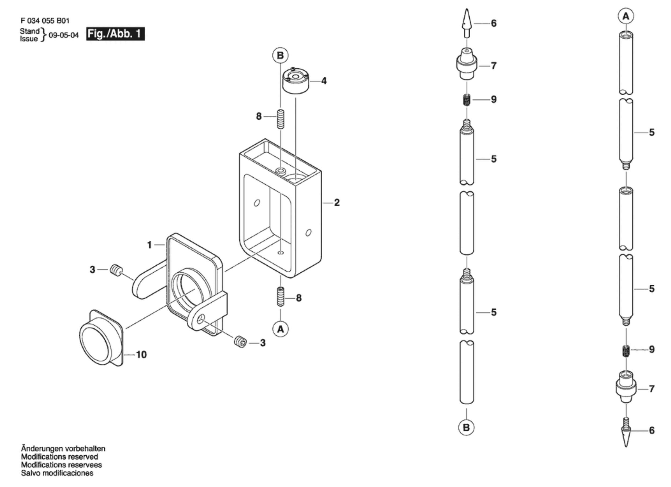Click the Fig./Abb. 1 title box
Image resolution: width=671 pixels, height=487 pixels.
[115, 34]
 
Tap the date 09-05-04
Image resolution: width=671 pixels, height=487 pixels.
[64, 35]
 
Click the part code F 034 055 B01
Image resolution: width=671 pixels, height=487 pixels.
[45, 21]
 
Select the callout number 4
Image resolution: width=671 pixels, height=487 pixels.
[324, 81]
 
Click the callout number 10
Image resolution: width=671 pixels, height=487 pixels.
[141, 354]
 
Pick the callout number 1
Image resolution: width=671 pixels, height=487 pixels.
[150, 245]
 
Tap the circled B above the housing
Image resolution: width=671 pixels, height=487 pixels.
[280, 55]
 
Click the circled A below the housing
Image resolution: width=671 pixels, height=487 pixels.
[281, 329]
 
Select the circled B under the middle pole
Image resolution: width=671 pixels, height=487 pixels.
[466, 427]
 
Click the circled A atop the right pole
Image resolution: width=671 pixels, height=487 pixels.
[626, 16]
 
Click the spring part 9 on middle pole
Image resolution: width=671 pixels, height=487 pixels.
[467, 100]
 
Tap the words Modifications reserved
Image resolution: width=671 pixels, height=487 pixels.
[60, 456]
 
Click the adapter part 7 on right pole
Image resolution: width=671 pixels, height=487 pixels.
[626, 387]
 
